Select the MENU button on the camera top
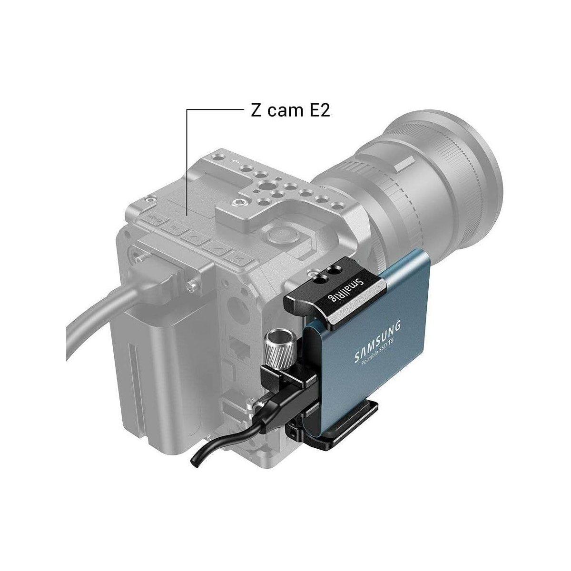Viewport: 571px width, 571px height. (155, 218)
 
